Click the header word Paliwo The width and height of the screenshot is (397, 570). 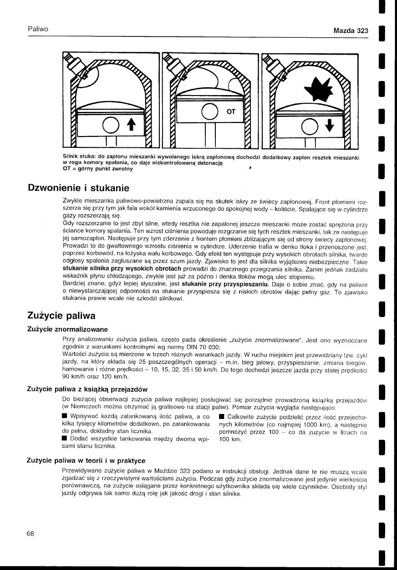pos(38,29)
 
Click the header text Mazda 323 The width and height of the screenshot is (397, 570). pos(350,31)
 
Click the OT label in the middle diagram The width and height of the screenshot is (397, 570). pos(231,111)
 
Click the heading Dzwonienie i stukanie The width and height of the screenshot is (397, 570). pos(79,188)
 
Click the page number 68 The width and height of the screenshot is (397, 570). pos(31,533)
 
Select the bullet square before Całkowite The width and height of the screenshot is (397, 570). pos(221,416)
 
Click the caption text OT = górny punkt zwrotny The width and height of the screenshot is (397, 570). pos(97,169)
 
